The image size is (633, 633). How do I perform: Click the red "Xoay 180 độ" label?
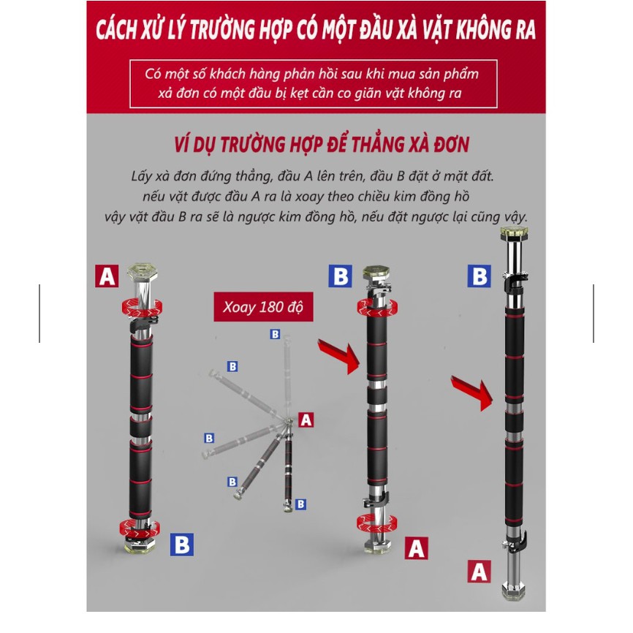point(263,307)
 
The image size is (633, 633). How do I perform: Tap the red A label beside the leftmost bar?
point(107,276)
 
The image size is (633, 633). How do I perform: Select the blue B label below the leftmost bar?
point(182,544)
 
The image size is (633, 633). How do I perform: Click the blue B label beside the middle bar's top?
point(341,276)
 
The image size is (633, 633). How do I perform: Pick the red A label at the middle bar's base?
point(416,547)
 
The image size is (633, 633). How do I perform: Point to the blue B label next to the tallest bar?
point(480,276)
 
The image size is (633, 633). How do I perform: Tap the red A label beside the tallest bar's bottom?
point(480,571)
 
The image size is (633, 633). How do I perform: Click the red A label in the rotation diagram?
point(306,420)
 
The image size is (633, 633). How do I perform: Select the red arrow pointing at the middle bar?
point(339,356)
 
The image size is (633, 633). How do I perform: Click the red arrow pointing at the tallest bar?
point(472,393)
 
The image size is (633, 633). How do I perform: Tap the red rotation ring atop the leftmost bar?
point(142,308)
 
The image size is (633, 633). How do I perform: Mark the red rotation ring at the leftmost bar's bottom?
point(140,528)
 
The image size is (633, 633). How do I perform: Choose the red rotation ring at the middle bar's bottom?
point(376,523)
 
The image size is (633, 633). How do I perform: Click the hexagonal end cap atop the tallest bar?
point(515,233)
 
